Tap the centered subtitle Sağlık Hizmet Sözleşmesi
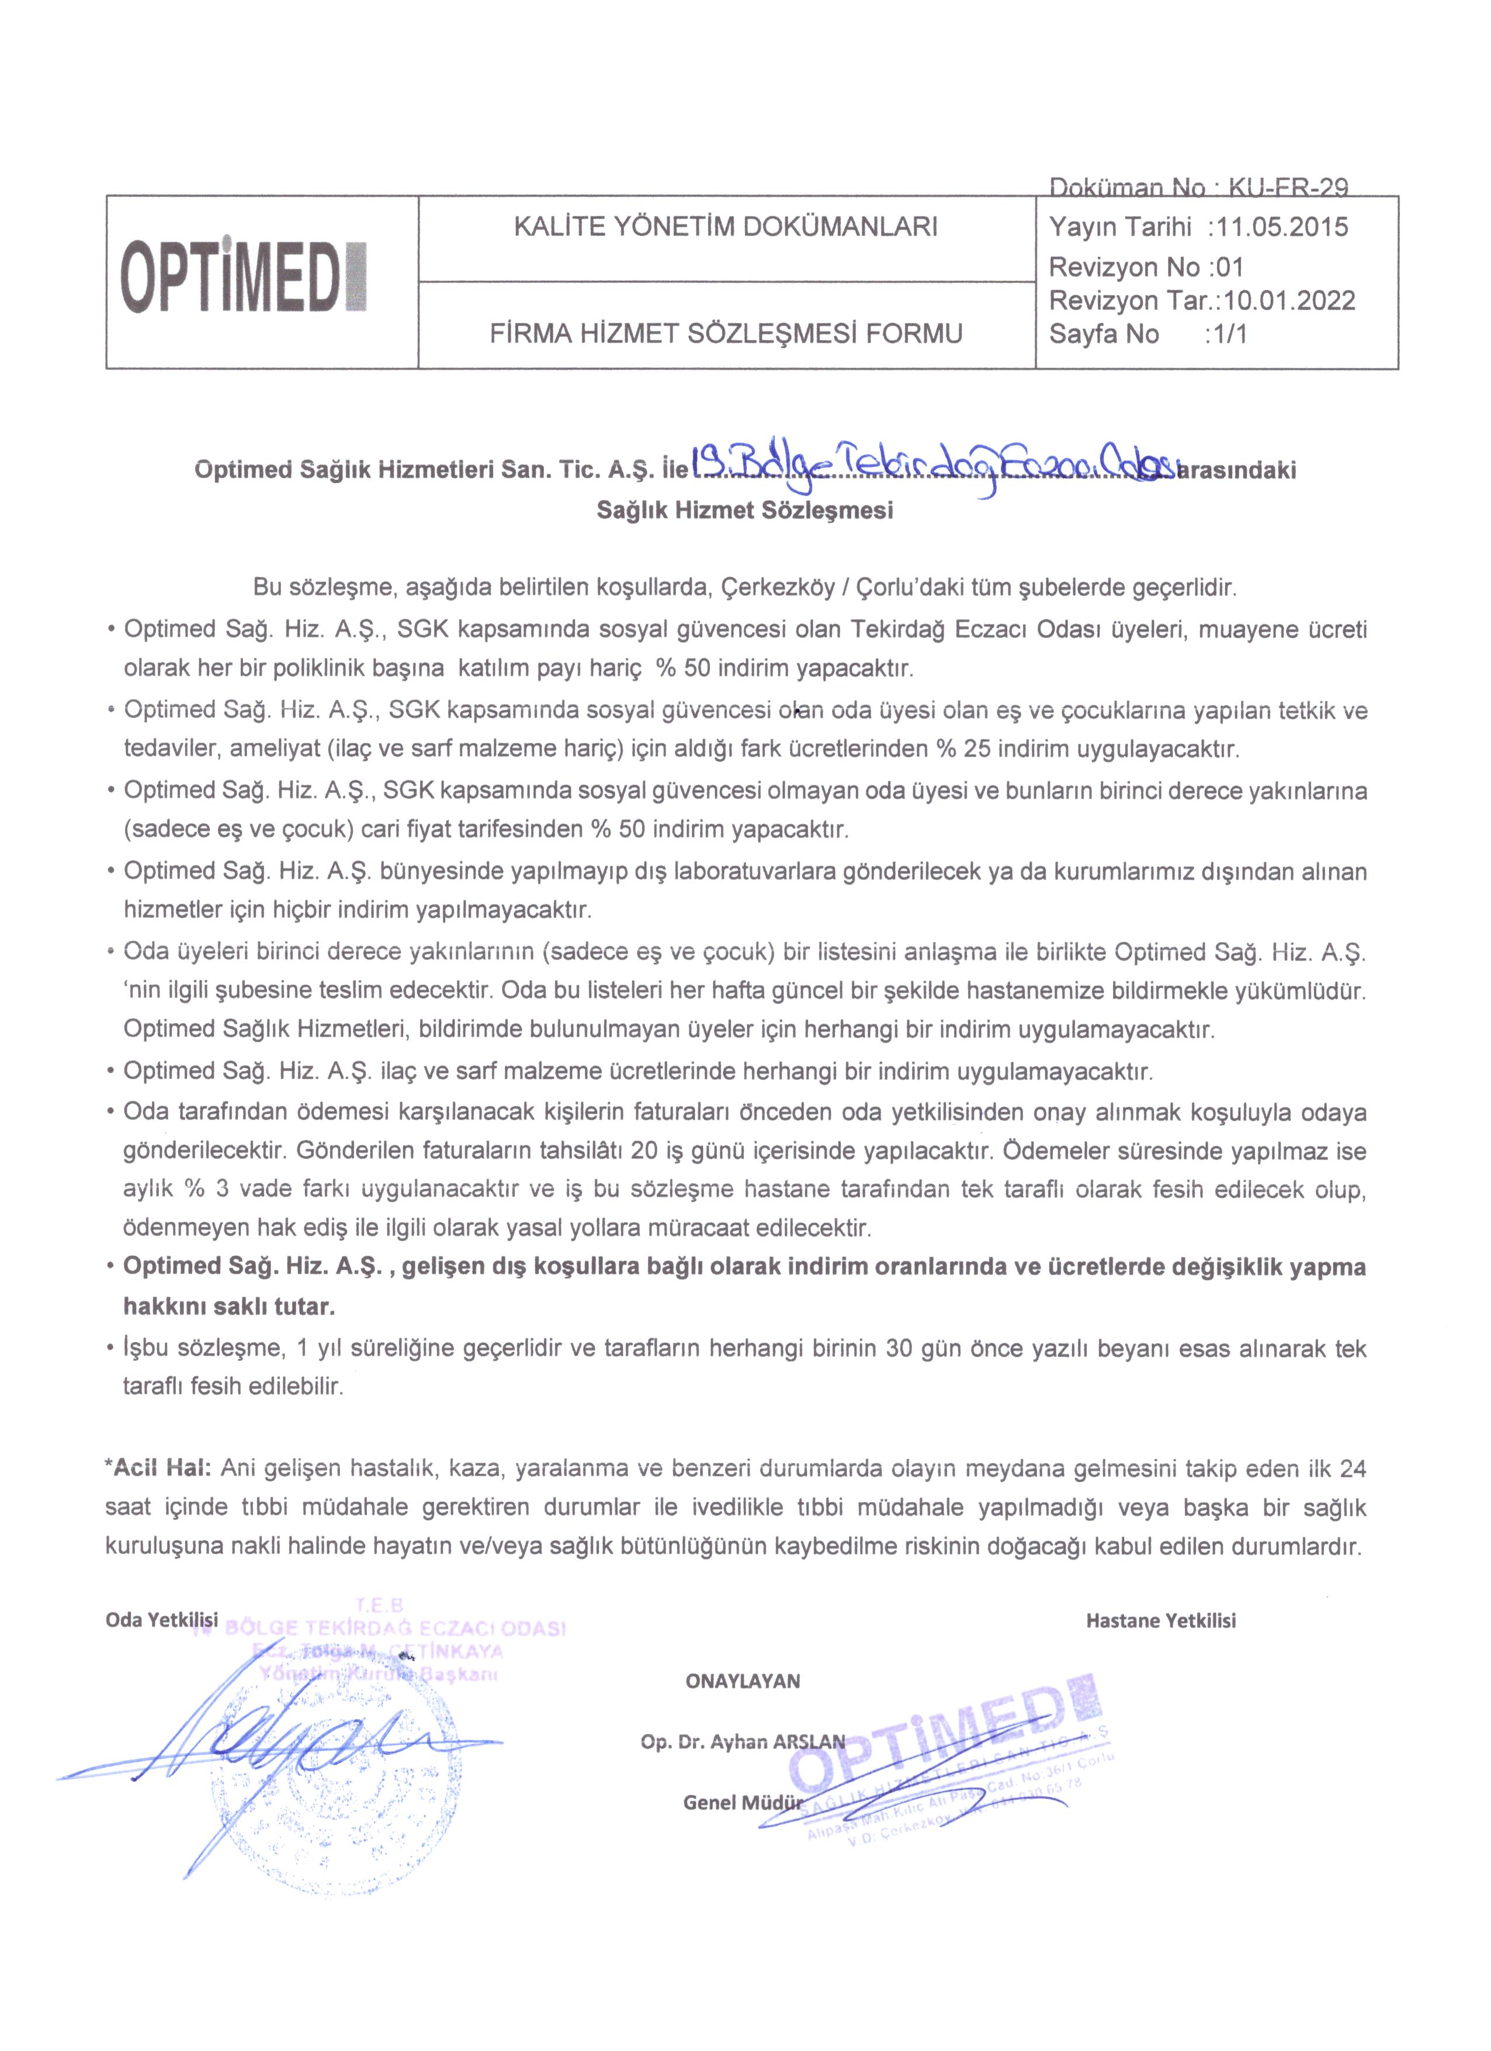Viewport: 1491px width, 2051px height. coord(744,510)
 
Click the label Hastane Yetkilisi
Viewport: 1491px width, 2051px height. coord(1160,1620)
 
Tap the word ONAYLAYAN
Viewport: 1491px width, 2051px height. coord(743,1681)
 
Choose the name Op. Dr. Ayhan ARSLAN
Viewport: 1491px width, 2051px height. coord(743,1742)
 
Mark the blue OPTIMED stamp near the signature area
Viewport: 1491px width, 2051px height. coord(949,1764)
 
